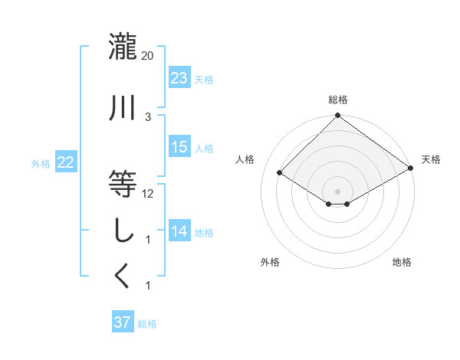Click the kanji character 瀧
tap(123, 47)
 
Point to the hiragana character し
tap(123, 231)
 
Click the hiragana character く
tap(123, 276)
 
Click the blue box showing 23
tap(179, 78)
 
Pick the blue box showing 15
tap(179, 147)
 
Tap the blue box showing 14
tap(179, 231)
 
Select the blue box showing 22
tap(65, 162)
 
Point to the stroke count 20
tap(148, 55)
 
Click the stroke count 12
tap(148, 193)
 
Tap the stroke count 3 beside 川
tap(148, 116)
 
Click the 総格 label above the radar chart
tap(337, 100)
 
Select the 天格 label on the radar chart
tap(431, 159)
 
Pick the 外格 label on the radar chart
tap(270, 263)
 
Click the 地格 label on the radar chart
tap(402, 263)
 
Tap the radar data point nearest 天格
tap(411, 168)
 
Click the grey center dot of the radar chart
tap(337, 190)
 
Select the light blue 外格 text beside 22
tap(40, 163)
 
